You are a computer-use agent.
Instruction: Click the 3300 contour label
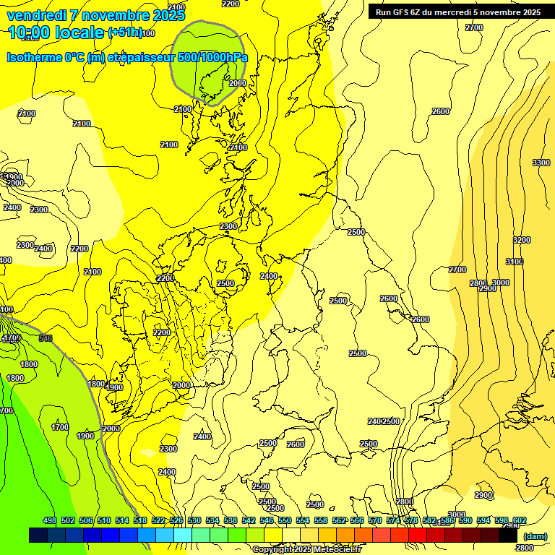(541, 163)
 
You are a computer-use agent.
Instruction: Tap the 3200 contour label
(522, 240)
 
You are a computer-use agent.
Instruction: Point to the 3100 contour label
(515, 262)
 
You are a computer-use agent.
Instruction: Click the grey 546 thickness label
(46, 338)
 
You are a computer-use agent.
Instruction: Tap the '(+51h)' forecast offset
(124, 33)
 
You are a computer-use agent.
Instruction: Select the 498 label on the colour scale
(50, 520)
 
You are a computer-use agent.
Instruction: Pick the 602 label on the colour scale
(519, 520)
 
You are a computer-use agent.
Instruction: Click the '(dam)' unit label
(534, 535)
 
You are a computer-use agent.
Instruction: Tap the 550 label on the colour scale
(285, 520)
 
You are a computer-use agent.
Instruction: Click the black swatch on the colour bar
(508, 535)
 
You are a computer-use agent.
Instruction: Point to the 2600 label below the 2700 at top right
(441, 111)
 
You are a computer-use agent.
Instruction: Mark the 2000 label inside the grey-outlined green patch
(237, 83)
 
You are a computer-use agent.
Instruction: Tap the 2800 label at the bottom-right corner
(525, 548)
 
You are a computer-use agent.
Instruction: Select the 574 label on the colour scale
(393, 520)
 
